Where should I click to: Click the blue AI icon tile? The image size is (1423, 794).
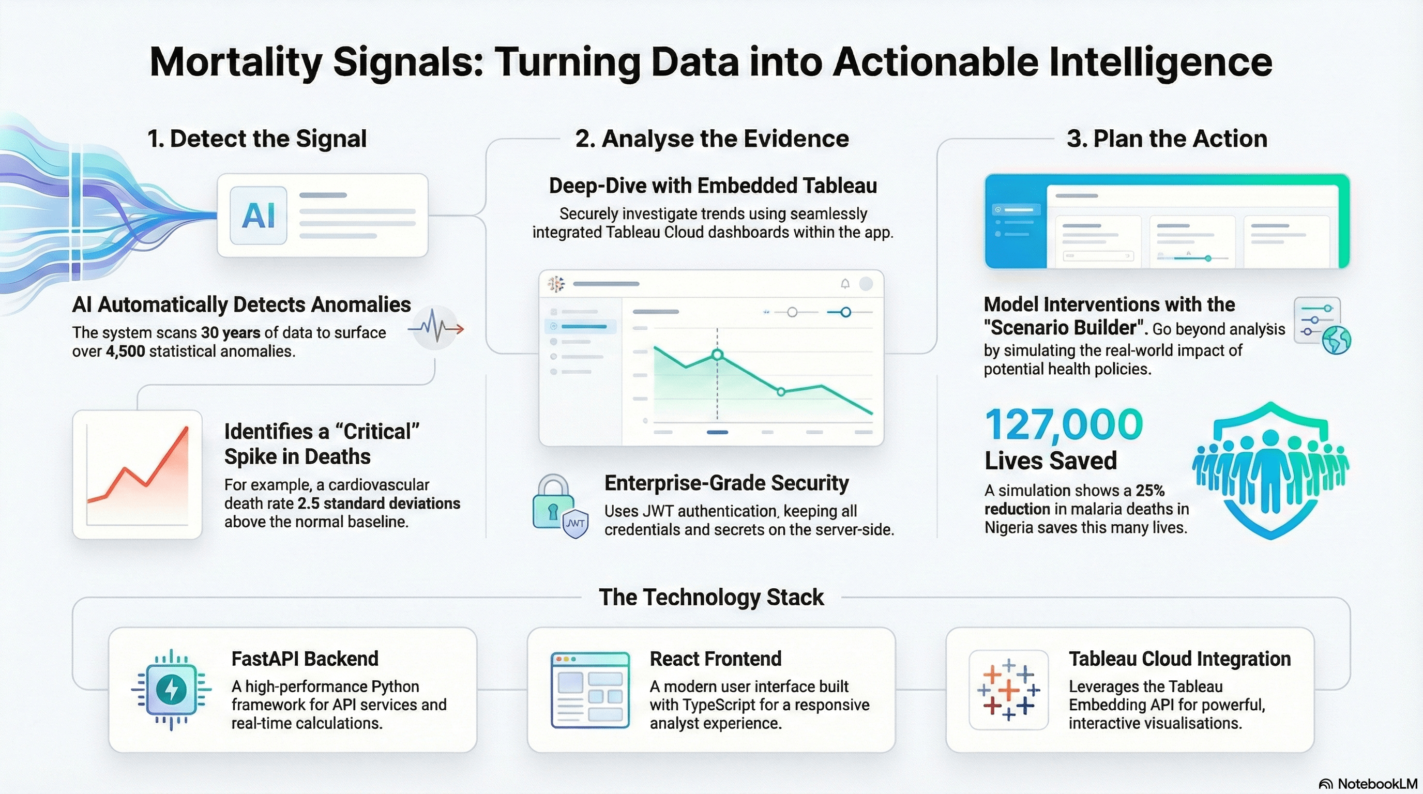point(258,216)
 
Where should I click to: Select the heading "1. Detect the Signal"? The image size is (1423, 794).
point(257,139)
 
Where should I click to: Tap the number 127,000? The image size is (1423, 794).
point(1064,424)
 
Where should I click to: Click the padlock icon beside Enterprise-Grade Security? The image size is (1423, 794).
point(553,501)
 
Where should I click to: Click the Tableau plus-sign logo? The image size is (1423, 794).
point(1009,690)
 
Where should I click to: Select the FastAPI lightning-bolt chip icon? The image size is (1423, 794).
point(171,690)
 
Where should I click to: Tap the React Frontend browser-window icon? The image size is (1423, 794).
point(590,690)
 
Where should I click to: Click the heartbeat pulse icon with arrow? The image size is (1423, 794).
point(436,328)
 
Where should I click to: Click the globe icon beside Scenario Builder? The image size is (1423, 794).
point(1336,340)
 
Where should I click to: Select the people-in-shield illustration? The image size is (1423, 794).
point(1270,470)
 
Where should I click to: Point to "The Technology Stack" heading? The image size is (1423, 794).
point(711,598)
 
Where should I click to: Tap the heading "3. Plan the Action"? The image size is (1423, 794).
point(1167,139)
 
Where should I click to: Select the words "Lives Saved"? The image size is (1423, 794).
point(1051,461)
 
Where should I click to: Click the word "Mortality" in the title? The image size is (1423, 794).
point(236,63)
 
